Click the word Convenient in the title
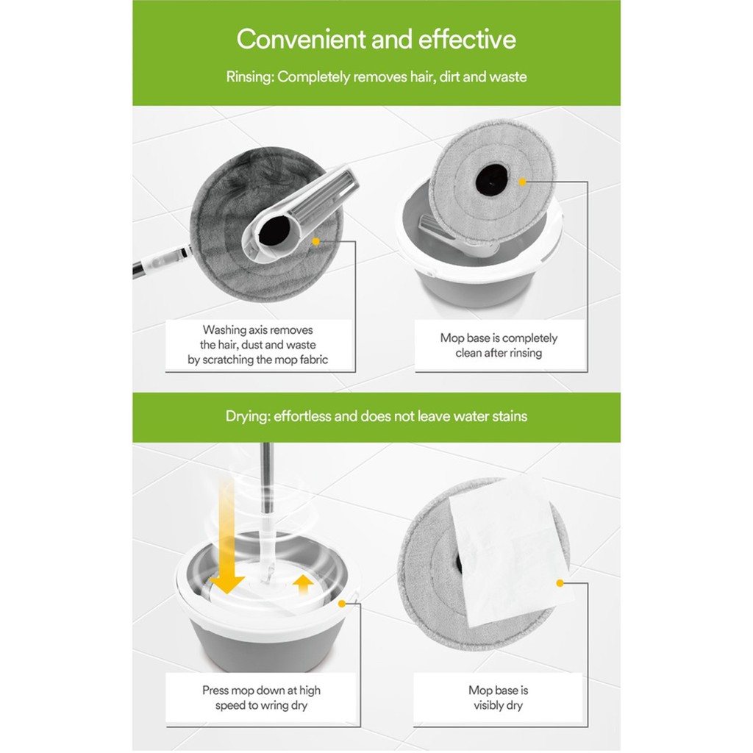pos(301,39)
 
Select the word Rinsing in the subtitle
pos(249,77)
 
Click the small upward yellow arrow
pos(303,585)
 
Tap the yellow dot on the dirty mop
pos(315,241)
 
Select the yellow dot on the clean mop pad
pos(523,182)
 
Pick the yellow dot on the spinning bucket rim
pos(342,604)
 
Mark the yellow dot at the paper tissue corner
pos(560,583)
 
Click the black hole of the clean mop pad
pos(491,180)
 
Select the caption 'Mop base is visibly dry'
pos(498,698)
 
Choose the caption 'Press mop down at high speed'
pos(261,698)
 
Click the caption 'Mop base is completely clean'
pos(499,346)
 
